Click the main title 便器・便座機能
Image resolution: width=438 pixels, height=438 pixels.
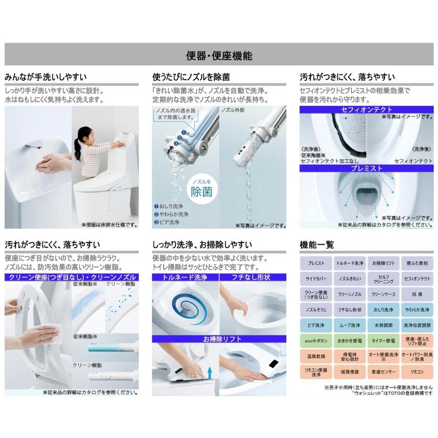tap(219, 55)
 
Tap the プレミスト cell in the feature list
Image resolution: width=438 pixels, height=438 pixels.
tap(316, 263)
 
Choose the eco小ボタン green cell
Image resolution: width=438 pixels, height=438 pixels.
tap(316, 341)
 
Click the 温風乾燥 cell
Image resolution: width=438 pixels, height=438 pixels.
tap(316, 357)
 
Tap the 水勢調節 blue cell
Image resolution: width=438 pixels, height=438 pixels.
tap(383, 325)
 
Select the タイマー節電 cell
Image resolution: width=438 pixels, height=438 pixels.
tap(383, 341)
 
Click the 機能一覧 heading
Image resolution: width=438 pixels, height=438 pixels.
tap(317, 244)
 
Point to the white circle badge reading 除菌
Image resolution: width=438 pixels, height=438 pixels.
tap(201, 189)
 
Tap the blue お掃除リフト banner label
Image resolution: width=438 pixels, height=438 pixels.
tap(219, 339)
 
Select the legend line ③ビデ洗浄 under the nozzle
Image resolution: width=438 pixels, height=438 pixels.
tap(166, 222)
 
